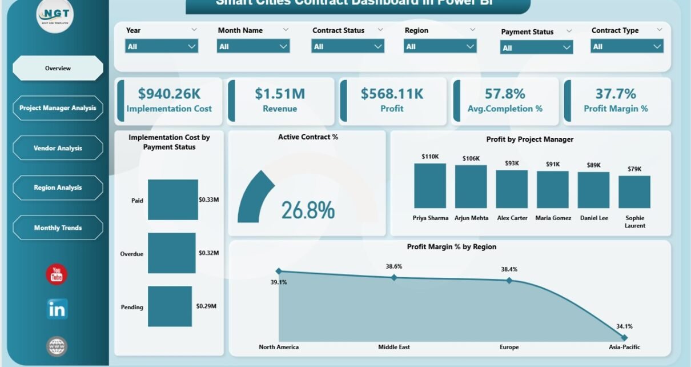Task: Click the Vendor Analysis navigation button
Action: coord(58,148)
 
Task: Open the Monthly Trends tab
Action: coord(58,228)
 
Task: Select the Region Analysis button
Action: coord(58,188)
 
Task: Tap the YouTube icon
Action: coord(57,275)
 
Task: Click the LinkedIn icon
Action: coord(57,309)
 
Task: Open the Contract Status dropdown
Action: coord(348,46)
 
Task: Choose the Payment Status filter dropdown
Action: coord(536,48)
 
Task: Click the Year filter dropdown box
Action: coord(162,46)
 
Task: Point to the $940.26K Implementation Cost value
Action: coord(169,93)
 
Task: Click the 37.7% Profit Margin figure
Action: coord(615,93)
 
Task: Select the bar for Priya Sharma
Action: coord(430,186)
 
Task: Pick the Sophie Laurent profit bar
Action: coord(634,192)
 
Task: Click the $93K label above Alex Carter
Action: coord(512,163)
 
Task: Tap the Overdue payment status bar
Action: coord(172,253)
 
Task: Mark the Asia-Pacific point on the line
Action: coord(624,337)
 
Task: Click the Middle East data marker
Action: coord(393,277)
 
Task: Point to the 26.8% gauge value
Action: coord(308,210)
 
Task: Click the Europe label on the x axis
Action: coord(509,347)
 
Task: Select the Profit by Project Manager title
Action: coord(529,139)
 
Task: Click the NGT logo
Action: coord(55,15)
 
